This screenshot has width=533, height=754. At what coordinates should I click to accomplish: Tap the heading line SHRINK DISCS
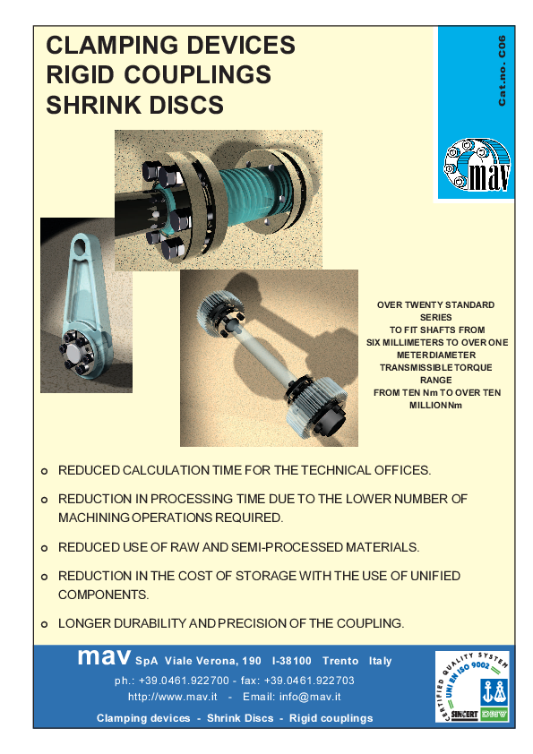point(134,106)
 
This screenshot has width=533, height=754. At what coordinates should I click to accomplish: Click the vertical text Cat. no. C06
point(503,71)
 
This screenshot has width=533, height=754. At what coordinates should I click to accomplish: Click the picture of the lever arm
point(86,304)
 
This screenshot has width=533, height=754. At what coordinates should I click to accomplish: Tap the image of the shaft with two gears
point(269,358)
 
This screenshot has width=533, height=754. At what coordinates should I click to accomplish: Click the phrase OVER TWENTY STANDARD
point(435,305)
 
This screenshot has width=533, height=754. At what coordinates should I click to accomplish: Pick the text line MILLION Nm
point(435,405)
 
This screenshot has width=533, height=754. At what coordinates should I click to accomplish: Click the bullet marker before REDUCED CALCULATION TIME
point(45,471)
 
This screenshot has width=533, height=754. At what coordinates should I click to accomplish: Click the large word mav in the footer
point(105,657)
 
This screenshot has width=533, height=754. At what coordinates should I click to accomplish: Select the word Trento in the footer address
point(340,661)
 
